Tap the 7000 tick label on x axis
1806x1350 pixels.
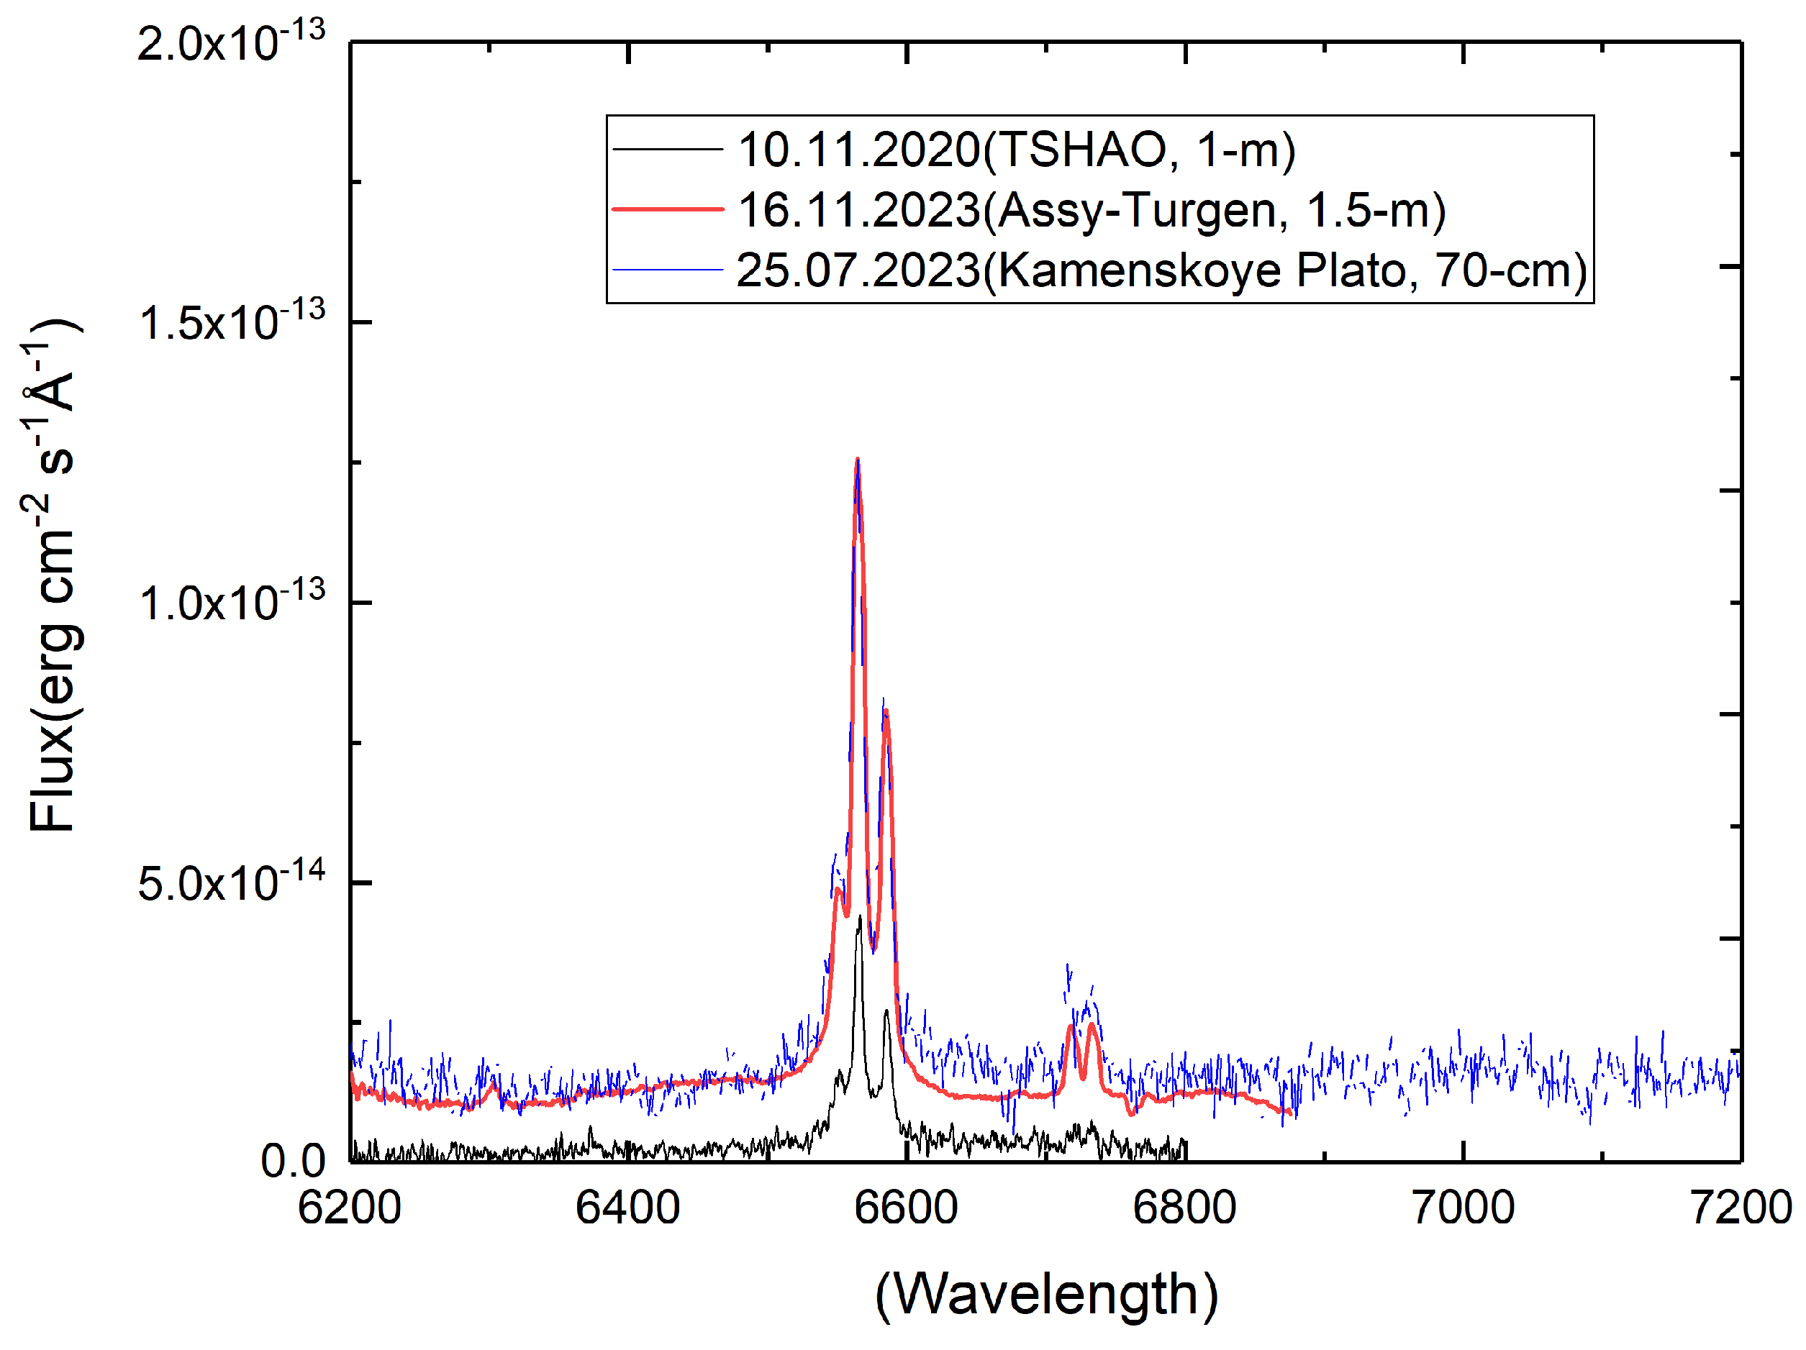[1463, 1209]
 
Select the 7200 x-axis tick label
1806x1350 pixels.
[1741, 1209]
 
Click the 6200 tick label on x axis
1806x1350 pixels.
[350, 1209]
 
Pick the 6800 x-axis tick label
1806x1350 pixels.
[1184, 1209]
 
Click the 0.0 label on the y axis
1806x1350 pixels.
[293, 1162]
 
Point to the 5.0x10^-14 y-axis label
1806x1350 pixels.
[231, 882]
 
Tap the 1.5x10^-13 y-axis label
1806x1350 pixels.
[231, 321]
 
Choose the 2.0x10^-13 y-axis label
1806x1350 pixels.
[231, 42]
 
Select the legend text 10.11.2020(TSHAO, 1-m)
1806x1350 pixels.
[1017, 150]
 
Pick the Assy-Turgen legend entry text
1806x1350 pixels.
[1091, 210]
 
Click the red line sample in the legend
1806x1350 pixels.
[668, 210]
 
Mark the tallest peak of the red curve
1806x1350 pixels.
[857, 460]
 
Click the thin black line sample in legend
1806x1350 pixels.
[668, 150]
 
